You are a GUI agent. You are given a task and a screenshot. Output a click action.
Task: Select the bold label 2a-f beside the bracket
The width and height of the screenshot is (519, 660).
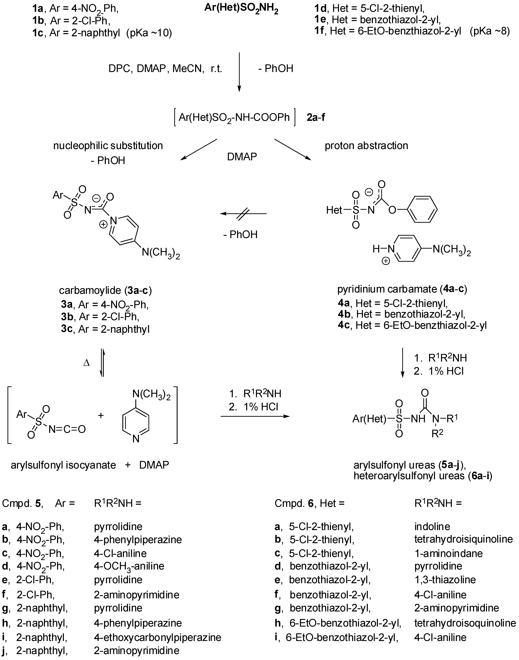(x=316, y=117)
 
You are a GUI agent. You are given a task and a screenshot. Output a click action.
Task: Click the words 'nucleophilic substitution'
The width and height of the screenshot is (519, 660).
(x=108, y=146)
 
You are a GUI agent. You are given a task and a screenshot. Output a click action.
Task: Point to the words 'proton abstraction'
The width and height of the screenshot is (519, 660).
(x=366, y=146)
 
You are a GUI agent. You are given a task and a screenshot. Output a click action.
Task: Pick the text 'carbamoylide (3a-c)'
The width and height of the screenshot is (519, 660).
(x=105, y=291)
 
